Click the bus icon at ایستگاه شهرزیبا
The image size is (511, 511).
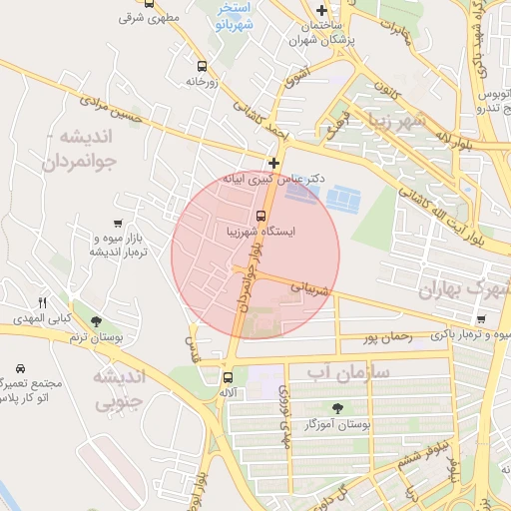click(261, 215)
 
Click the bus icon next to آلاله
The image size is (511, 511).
click(229, 377)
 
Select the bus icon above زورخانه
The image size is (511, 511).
click(203, 66)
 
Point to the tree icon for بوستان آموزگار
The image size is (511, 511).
click(338, 407)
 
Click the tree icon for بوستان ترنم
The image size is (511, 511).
click(96, 321)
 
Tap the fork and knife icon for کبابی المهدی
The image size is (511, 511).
click(42, 302)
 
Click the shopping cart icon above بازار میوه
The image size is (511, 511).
click(119, 224)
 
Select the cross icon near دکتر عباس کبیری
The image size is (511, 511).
click(273, 162)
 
